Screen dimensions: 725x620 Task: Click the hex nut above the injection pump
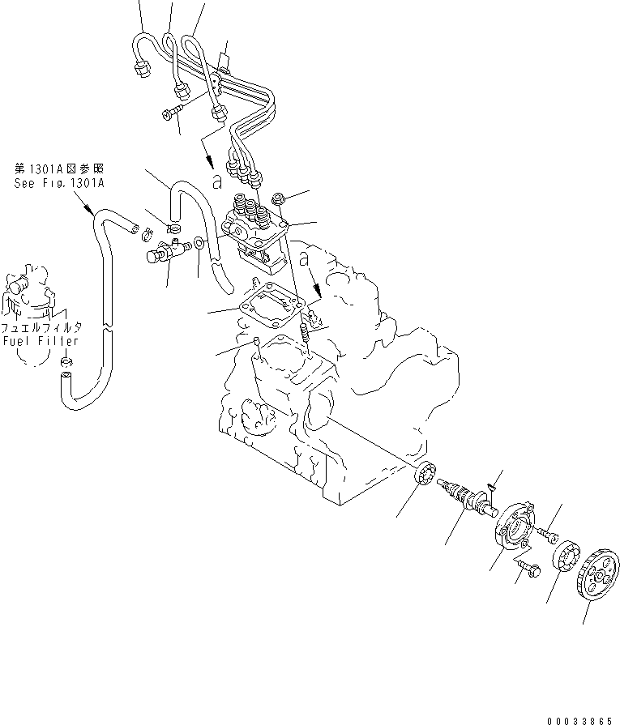(x=278, y=199)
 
